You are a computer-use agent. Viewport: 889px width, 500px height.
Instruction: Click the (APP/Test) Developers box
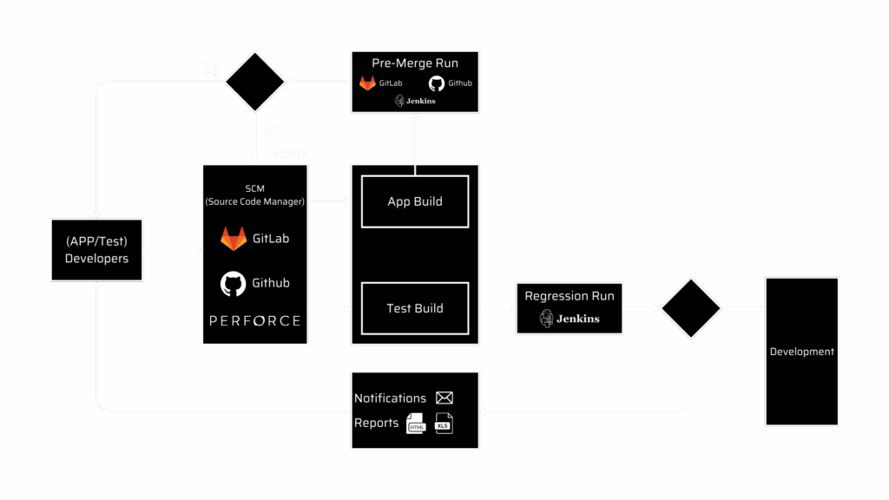pyautogui.click(x=96, y=250)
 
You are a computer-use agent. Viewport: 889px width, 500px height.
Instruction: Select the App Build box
pyautogui.click(x=415, y=201)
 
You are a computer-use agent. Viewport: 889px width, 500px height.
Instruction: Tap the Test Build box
pyautogui.click(x=415, y=308)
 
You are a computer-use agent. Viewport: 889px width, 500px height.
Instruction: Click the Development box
pyautogui.click(x=801, y=352)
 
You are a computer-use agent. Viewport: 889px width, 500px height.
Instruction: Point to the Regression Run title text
pyautogui.click(x=569, y=296)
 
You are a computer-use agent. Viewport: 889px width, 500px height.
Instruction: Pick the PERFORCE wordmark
pyautogui.click(x=255, y=321)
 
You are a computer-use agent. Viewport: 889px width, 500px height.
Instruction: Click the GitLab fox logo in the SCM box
pyautogui.click(x=234, y=239)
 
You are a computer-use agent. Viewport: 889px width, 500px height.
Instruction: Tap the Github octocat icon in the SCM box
pyautogui.click(x=234, y=283)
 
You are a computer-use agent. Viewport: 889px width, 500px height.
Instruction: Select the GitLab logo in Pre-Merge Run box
pyautogui.click(x=367, y=83)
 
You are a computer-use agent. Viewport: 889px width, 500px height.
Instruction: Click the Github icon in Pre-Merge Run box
pyautogui.click(x=436, y=83)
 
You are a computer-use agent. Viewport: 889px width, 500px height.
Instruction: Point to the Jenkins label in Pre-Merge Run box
pyautogui.click(x=415, y=101)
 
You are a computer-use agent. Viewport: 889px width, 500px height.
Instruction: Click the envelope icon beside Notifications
pyautogui.click(x=444, y=398)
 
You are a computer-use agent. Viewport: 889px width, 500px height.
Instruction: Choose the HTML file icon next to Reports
pyautogui.click(x=415, y=424)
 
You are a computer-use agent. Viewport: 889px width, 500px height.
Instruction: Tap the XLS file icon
pyautogui.click(x=444, y=424)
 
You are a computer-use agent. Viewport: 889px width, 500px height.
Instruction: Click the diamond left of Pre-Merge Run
pyautogui.click(x=254, y=82)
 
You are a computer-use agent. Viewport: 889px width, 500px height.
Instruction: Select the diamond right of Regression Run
pyautogui.click(x=691, y=308)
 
